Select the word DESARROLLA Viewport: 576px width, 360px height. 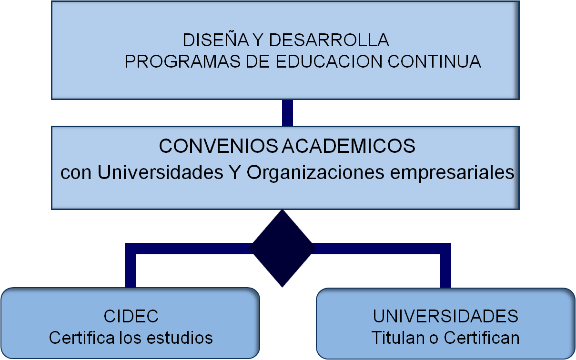[x=329, y=40]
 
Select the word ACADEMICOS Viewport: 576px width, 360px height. [x=348, y=146]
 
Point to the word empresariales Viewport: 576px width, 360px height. [x=452, y=172]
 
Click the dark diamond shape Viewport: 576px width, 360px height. [x=283, y=248]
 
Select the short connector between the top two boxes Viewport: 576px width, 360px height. [x=287, y=112]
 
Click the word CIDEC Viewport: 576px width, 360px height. [x=131, y=316]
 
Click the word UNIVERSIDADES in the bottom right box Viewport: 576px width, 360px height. [x=445, y=316]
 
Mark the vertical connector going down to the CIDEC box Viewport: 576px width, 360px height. [x=130, y=269]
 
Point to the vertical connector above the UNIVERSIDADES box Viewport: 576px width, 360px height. [x=445, y=269]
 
